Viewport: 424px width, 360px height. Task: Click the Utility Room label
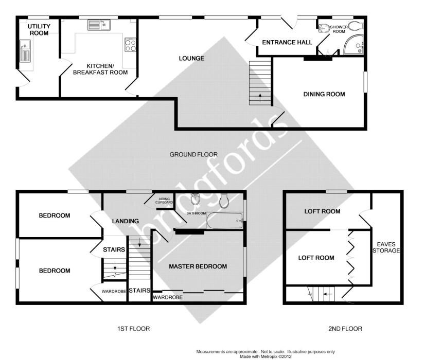pyautogui.click(x=39, y=30)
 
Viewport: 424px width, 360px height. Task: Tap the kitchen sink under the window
pyautogui.click(x=99, y=25)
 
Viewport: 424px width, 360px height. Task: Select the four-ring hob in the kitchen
pyautogui.click(x=130, y=45)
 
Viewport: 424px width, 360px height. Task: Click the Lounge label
pyautogui.click(x=191, y=59)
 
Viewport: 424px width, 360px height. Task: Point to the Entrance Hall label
pyautogui.click(x=287, y=43)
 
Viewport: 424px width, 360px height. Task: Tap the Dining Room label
pyautogui.click(x=324, y=94)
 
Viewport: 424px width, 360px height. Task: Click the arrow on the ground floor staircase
pyautogui.click(x=260, y=98)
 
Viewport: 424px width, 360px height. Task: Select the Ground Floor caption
pyautogui.click(x=193, y=155)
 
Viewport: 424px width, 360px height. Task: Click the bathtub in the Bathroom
pyautogui.click(x=224, y=221)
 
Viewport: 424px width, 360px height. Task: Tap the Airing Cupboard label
pyautogui.click(x=164, y=201)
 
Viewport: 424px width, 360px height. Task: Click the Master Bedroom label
pyautogui.click(x=198, y=266)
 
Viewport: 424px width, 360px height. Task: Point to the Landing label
pyautogui.click(x=126, y=221)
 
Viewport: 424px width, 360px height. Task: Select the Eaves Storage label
pyautogui.click(x=386, y=247)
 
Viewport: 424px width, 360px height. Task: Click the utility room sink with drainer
pyautogui.click(x=25, y=51)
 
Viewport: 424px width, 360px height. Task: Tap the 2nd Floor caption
pyautogui.click(x=345, y=329)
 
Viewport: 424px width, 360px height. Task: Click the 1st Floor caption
pyautogui.click(x=134, y=329)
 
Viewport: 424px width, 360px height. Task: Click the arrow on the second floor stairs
pyautogui.click(x=328, y=294)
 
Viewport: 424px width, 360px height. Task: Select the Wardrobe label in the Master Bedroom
pyautogui.click(x=168, y=298)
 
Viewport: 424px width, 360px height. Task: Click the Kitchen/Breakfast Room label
pyautogui.click(x=100, y=69)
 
